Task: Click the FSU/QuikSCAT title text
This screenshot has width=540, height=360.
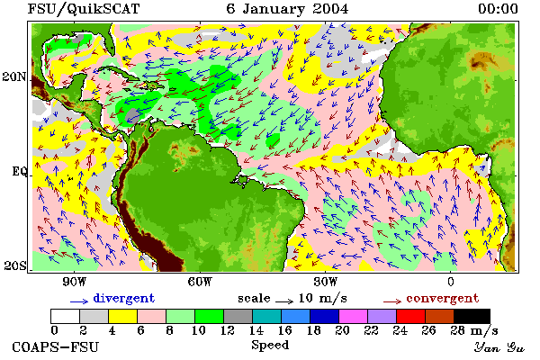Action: pos(84,9)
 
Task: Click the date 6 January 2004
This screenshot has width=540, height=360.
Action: pos(287,9)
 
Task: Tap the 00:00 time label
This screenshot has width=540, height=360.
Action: pos(498,9)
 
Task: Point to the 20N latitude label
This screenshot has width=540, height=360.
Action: pos(14,76)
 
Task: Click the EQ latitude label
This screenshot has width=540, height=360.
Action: pos(20,171)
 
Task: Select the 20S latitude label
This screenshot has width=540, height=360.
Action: pos(15,265)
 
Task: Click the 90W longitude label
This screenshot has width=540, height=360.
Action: pos(75,282)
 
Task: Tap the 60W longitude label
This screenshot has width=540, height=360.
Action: pos(200,282)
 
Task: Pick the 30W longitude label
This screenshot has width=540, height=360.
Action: pos(326,282)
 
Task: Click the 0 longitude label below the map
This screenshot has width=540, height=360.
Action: pos(451,282)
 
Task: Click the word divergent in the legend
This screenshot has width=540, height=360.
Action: pos(124,298)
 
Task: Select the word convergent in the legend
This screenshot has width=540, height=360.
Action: pos(443,298)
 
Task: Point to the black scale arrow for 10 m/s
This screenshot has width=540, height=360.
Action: pos(284,301)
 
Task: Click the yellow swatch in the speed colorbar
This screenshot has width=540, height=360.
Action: pos(123,316)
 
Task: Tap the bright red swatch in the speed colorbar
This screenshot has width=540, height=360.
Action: pos(411,316)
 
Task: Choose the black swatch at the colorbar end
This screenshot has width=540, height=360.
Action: pos(472,316)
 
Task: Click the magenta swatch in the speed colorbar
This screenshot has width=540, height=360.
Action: pos(354,316)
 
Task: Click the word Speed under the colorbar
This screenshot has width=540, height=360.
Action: pos(270,346)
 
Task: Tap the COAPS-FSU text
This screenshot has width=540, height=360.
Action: pos(56,346)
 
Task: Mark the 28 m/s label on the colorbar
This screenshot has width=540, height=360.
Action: pos(474,330)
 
